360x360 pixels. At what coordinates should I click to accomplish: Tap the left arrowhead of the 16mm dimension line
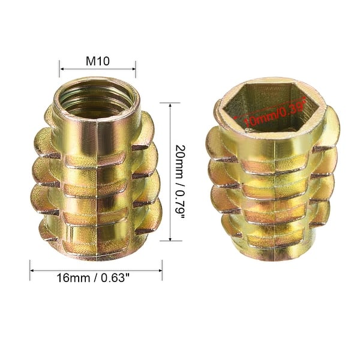coord(32,270)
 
